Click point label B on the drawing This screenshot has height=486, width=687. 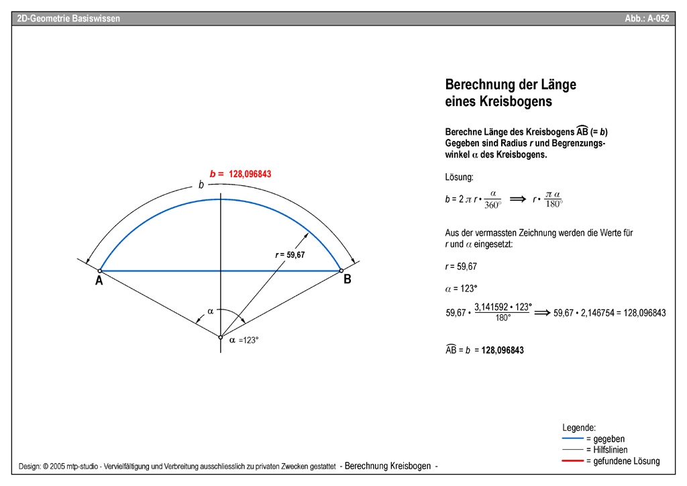[x=348, y=280]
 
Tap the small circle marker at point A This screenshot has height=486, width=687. [x=100, y=271]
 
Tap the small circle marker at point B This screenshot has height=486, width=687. [x=340, y=271]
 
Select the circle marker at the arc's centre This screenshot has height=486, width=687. [x=220, y=337]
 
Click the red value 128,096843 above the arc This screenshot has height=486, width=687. [x=250, y=174]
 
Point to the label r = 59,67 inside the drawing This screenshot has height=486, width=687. [x=290, y=255]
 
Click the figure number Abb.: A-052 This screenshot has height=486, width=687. [x=647, y=19]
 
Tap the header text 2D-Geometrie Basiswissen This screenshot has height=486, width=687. [x=68, y=19]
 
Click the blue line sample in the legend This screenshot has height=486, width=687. [x=572, y=438]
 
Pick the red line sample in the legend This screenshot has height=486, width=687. [x=572, y=461]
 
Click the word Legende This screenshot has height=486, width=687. [x=579, y=428]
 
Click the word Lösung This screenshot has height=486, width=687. [x=460, y=177]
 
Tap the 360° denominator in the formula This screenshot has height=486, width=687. [x=492, y=205]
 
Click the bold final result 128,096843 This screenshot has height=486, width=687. [x=503, y=350]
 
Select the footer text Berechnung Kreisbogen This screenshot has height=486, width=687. [x=388, y=466]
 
